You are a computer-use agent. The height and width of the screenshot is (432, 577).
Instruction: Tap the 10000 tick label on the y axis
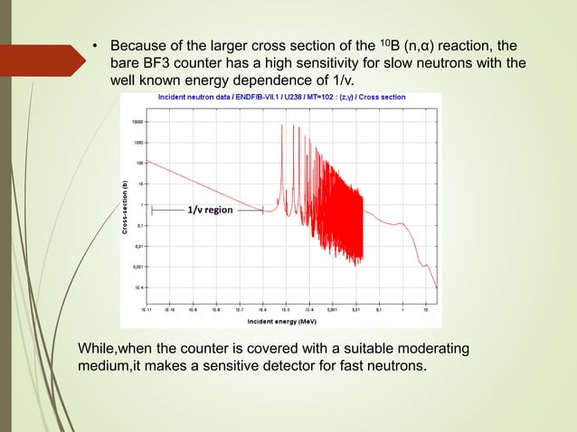tap(136, 121)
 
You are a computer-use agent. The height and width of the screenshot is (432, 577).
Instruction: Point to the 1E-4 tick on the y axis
tap(137, 287)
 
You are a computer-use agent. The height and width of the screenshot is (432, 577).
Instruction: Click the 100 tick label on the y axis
tap(138, 163)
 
